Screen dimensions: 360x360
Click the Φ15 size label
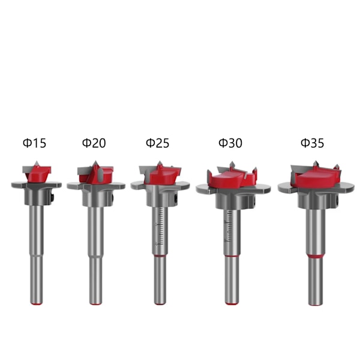point(34,143)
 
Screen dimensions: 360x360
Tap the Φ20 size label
point(94,143)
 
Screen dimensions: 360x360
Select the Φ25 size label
point(157,143)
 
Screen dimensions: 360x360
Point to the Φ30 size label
point(230,143)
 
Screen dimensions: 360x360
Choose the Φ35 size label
point(312,143)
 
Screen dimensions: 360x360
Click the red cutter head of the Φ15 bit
point(38,173)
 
